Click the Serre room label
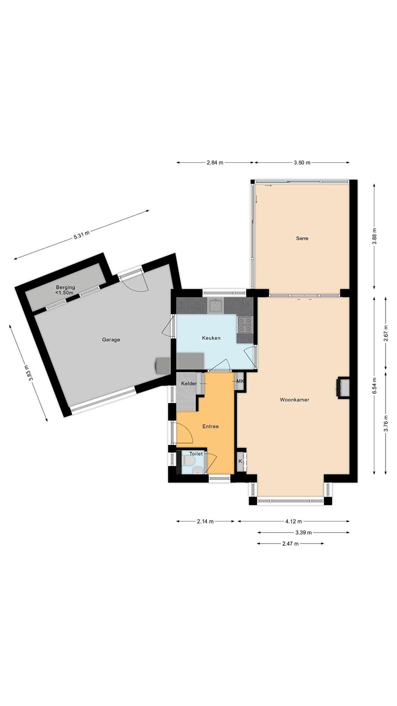pyautogui.click(x=302, y=238)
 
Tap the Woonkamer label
pyautogui.click(x=294, y=400)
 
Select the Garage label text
pyautogui.click(x=111, y=340)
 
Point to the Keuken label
pyautogui.click(x=211, y=338)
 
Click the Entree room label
pyautogui.click(x=210, y=426)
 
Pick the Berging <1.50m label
pyautogui.click(x=65, y=290)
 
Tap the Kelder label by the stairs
pyautogui.click(x=189, y=384)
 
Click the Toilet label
pyautogui.click(x=196, y=454)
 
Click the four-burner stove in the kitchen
pyautogui.click(x=245, y=324)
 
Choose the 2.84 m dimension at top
pyautogui.click(x=215, y=163)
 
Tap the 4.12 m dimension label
pyautogui.click(x=294, y=521)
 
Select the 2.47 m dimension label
pyautogui.click(x=291, y=544)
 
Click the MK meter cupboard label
pyautogui.click(x=240, y=381)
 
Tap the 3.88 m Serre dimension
pyautogui.click(x=375, y=236)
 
